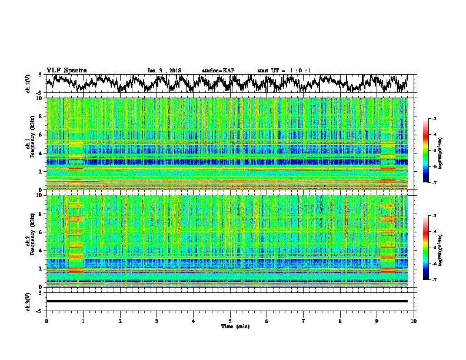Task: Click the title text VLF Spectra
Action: [66, 70]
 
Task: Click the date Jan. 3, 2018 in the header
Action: [164, 71]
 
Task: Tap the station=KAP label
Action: [218, 71]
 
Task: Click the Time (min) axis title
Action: [230, 326]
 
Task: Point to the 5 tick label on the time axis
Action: [230, 320]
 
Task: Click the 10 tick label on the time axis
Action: [414, 320]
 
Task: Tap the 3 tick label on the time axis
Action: [157, 320]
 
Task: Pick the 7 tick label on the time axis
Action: [304, 320]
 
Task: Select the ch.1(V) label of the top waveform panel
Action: [29, 84]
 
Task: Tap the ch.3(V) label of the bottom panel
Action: [29, 301]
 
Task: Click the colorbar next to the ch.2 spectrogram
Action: [432, 248]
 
